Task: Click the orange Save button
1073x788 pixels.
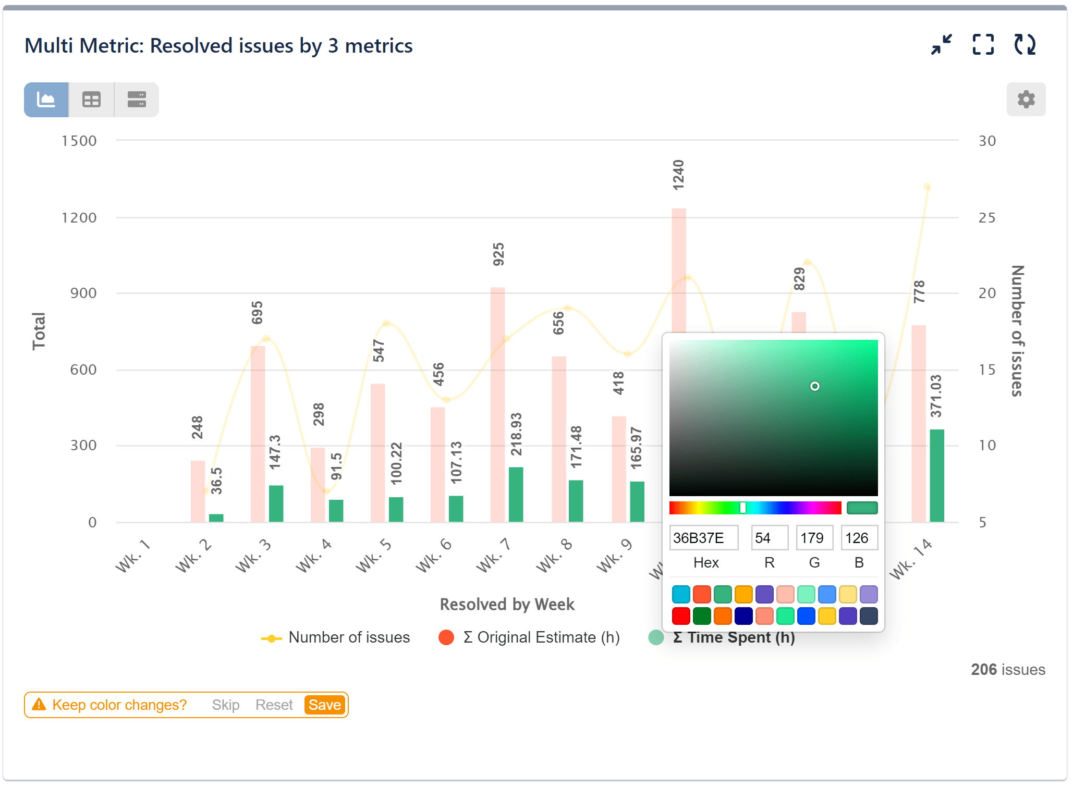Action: (x=325, y=705)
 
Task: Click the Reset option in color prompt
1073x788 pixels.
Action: (x=274, y=705)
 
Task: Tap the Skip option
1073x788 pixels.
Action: (x=225, y=705)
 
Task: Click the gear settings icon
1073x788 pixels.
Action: (x=1026, y=100)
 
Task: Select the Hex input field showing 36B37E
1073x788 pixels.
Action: (x=703, y=538)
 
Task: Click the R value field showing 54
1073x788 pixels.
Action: (x=769, y=538)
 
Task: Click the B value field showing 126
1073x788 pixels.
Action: (x=859, y=538)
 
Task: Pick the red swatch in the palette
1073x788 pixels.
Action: (x=681, y=616)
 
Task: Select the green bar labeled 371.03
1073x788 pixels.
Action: (x=936, y=475)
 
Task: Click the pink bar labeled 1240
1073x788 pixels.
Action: (x=678, y=271)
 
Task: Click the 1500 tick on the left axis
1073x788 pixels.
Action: (x=79, y=141)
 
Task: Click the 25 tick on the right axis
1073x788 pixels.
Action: (x=986, y=218)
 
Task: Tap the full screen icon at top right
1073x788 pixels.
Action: (x=983, y=45)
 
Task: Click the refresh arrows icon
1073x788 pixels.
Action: (x=1025, y=45)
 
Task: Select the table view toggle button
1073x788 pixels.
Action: (x=91, y=100)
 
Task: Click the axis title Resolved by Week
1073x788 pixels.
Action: (x=507, y=605)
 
